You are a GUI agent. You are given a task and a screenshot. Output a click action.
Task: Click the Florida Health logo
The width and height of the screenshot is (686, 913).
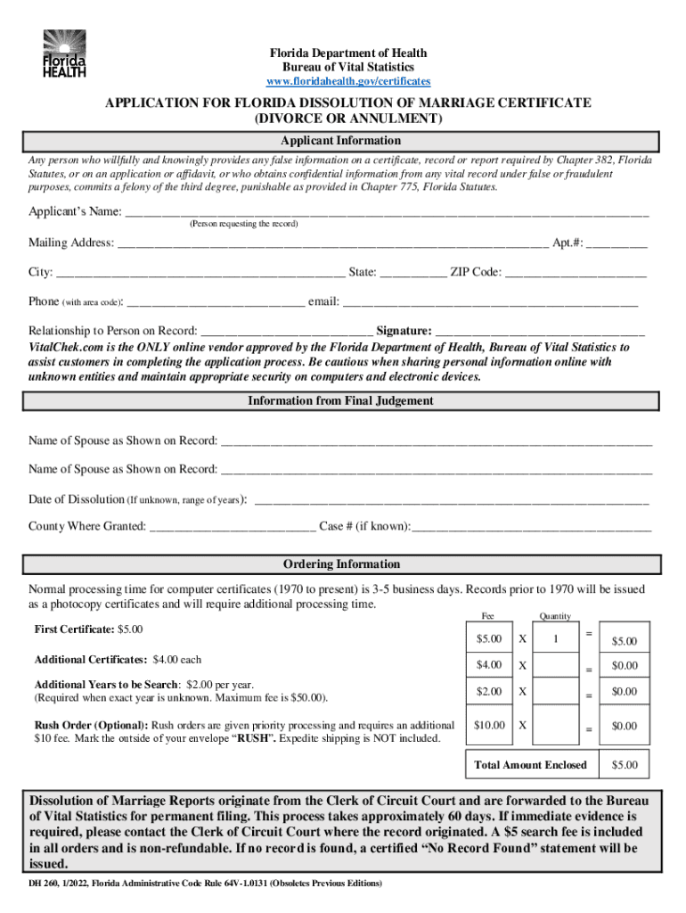pos(65,53)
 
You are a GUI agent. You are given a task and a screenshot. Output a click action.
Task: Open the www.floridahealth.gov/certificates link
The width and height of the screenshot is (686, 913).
pos(343,81)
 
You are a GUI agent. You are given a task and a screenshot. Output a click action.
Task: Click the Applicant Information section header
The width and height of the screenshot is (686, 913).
pos(341,141)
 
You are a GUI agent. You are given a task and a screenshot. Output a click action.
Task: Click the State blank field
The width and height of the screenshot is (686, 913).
pos(413,274)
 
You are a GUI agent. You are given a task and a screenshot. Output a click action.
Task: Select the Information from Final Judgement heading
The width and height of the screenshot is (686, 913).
pos(341,401)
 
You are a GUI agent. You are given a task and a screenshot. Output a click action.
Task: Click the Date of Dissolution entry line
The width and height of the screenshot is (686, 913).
pos(452,501)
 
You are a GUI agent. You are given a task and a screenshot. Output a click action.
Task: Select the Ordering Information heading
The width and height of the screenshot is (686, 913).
pos(341,564)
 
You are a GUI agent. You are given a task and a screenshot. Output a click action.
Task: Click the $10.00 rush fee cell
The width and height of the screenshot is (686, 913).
pos(488,728)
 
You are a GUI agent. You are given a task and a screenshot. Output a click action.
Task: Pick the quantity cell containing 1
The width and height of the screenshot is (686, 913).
pos(556,639)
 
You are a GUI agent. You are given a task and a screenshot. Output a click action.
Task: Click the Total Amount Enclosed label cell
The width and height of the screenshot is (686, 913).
pos(531,765)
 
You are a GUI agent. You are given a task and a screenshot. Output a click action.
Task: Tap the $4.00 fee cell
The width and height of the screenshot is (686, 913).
pos(488,665)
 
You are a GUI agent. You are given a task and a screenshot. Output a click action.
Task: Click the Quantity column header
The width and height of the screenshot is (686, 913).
pos(555,616)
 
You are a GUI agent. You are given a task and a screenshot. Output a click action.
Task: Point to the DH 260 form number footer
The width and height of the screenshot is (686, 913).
pos(206,884)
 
